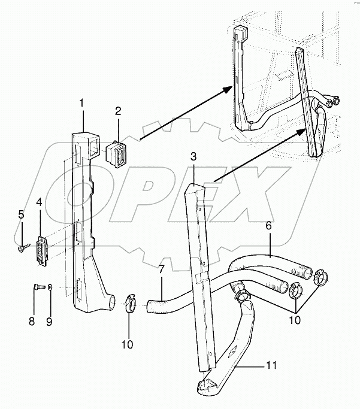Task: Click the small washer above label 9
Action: (x=50, y=286)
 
